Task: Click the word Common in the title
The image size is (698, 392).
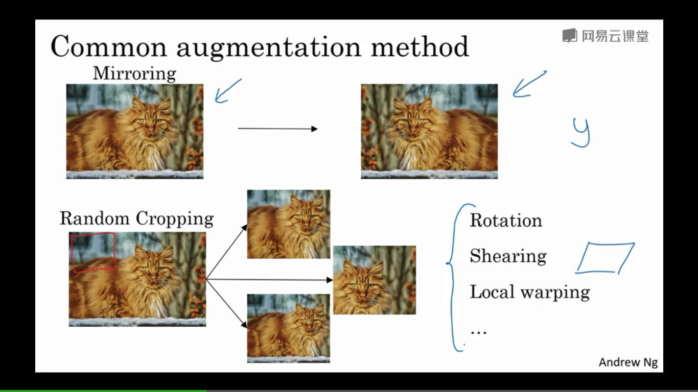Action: [x=108, y=46]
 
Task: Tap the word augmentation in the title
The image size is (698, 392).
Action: [x=268, y=47]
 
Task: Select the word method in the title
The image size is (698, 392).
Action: [x=420, y=46]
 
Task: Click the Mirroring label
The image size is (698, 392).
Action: [x=134, y=73]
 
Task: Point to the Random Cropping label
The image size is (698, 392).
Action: [x=136, y=218]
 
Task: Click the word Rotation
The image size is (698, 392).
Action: [x=506, y=220]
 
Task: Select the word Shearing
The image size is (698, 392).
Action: [x=508, y=256]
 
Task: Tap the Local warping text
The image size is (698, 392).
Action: [x=529, y=292]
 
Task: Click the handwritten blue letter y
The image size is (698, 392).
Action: [x=581, y=132]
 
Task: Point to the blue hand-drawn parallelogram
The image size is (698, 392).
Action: [x=606, y=258]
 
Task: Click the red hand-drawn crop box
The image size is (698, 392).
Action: [x=93, y=252]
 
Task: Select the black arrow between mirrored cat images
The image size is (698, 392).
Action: [x=277, y=129]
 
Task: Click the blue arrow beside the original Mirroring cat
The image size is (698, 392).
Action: [x=227, y=91]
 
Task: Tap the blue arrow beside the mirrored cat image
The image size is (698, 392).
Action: [x=529, y=84]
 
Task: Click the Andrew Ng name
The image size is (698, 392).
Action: [x=628, y=362]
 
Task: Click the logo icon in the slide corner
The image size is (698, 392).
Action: [x=569, y=36]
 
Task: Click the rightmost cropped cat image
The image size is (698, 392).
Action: [x=375, y=280]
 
